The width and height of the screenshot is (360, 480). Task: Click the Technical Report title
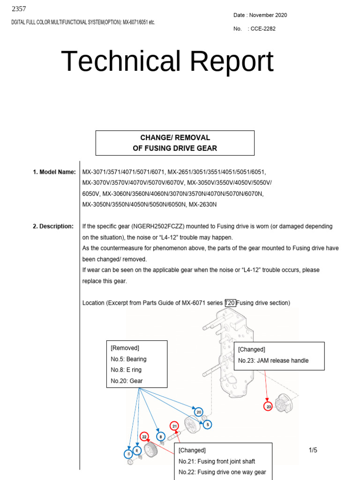tap(167, 61)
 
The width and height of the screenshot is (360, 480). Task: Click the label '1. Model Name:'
tap(54, 172)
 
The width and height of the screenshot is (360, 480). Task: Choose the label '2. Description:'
tap(53, 226)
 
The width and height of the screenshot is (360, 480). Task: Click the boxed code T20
tap(230, 303)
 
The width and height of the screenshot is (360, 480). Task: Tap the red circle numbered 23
tap(268, 406)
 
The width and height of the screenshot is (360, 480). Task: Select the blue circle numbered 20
tap(199, 412)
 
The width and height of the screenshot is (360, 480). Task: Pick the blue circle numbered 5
tap(207, 425)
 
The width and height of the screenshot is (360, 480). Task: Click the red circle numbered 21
tap(174, 426)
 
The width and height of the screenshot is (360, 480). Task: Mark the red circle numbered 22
tap(144, 436)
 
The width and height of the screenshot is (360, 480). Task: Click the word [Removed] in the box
tap(125, 348)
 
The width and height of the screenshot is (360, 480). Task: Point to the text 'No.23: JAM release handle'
tap(273, 360)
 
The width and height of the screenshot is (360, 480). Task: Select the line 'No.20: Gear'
tap(127, 381)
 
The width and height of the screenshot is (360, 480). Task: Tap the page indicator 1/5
tap(313, 450)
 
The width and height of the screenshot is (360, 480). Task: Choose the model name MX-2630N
tap(202, 204)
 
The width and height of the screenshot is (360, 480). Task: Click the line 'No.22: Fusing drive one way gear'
tap(222, 472)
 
